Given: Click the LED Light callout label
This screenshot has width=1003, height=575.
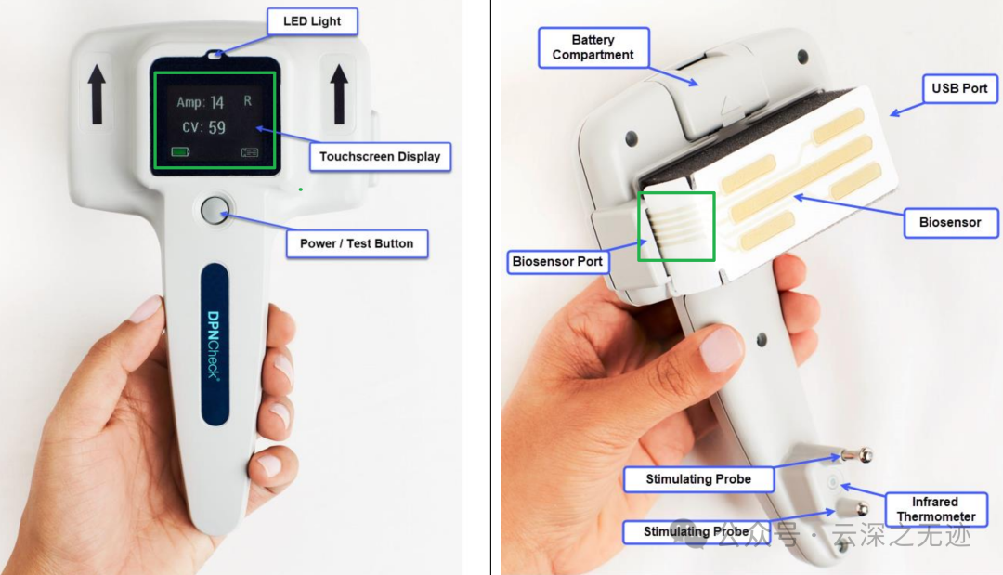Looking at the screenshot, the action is point(312,21).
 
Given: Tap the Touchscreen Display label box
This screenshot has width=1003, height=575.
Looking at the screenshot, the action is point(380,157).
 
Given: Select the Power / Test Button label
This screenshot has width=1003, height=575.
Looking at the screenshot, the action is point(357,243).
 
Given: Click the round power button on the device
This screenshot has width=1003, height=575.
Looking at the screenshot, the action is point(215,210).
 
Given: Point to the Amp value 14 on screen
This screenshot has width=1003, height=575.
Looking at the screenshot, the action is point(217,102).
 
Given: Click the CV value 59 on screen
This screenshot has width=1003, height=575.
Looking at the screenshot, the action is point(216,127).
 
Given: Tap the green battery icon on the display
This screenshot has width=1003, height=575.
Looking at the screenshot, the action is point(180,151).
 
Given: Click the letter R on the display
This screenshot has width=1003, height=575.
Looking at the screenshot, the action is point(248,100).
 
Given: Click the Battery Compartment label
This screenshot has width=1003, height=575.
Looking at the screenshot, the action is point(593,47).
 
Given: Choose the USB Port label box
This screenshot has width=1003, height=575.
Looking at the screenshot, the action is point(959,88).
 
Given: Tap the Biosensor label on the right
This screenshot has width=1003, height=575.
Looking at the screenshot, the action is point(950,223).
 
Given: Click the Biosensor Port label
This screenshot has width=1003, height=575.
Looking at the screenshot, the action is point(557,262).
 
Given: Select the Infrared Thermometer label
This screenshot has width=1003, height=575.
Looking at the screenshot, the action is point(936,509).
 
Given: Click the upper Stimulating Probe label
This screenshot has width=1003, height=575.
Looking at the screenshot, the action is point(698,479).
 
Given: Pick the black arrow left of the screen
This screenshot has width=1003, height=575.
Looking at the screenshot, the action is point(97,94).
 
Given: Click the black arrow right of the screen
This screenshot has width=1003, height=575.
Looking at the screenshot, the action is point(339,94).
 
